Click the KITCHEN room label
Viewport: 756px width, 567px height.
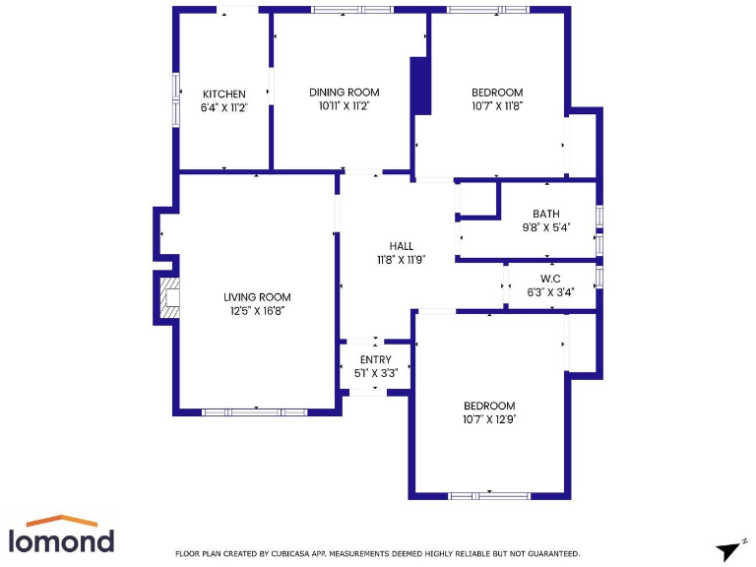point(224,94)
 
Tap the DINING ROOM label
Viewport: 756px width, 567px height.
point(344,93)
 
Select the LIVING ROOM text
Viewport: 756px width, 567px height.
point(257,297)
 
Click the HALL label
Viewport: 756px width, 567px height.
point(401,246)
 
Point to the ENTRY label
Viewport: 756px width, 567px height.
point(375,360)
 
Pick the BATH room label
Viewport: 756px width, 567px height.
point(545,214)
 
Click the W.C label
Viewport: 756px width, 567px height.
point(549,279)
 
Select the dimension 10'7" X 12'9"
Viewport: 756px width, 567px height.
point(489,419)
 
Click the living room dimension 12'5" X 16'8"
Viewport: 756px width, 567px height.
point(257,311)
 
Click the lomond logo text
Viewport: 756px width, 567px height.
point(61,539)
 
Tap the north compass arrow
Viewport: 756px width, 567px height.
point(728,550)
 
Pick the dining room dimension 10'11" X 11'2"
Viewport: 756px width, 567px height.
point(344,105)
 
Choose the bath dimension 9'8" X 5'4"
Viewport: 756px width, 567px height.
point(545,227)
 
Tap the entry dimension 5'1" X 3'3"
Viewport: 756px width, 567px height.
point(375,373)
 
